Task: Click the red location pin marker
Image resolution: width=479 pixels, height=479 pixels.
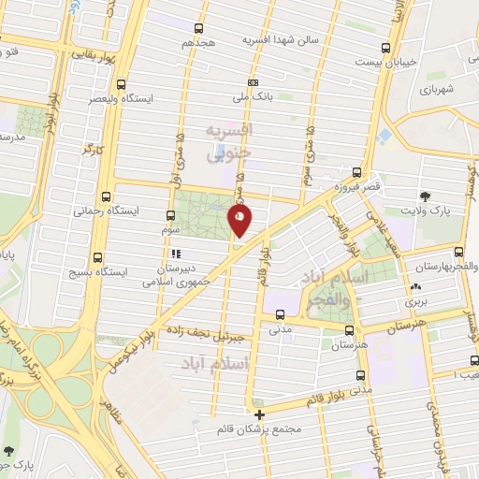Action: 240,219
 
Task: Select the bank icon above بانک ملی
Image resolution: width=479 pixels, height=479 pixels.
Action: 254,81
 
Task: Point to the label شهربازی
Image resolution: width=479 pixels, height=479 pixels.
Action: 437,90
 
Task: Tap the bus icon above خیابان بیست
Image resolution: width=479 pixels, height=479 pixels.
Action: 385,48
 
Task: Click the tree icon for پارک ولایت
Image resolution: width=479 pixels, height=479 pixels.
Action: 427,196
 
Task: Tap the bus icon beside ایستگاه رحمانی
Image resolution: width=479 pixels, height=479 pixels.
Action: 105,198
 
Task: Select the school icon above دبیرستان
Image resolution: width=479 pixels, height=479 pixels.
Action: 174,254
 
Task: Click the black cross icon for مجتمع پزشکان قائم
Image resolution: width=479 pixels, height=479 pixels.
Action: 259,414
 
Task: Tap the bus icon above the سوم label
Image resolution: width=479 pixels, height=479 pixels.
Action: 170,214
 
